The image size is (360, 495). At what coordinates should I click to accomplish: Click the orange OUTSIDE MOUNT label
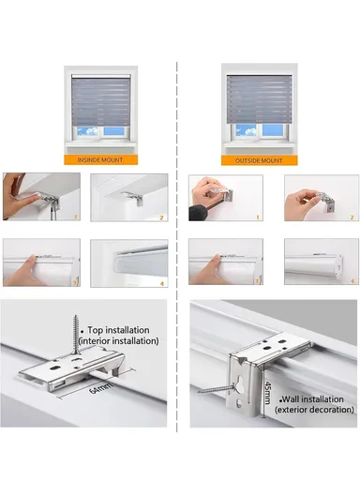pyautogui.click(x=255, y=160)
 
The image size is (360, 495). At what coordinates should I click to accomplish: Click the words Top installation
pyautogui.click(x=127, y=330)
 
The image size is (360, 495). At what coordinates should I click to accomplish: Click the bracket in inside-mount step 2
pyautogui.click(x=135, y=198)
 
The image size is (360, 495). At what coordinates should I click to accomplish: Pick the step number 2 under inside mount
pyautogui.click(x=162, y=217)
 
